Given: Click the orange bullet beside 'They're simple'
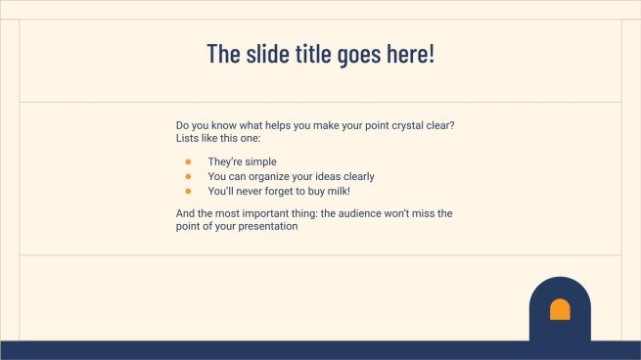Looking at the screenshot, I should click(x=188, y=161).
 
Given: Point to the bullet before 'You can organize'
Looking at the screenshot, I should click(x=188, y=176).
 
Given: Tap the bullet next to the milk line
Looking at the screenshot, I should click(x=188, y=190).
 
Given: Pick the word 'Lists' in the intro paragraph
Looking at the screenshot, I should click(x=188, y=139).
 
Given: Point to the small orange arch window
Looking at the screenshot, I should click(x=560, y=310).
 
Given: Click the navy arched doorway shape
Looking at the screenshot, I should click(x=560, y=328).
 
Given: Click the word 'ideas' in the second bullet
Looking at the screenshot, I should click(x=330, y=176).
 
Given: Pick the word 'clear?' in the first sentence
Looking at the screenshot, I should click(x=439, y=126).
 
